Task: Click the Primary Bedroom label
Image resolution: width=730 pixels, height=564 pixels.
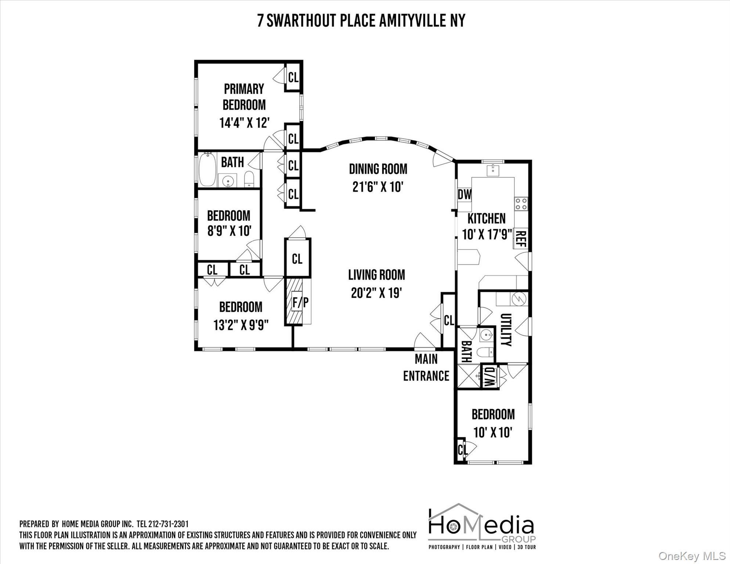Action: pos(244,97)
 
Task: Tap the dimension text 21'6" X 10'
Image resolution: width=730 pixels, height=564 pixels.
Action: pos(378,187)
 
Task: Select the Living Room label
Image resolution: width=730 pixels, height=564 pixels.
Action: pos(376,275)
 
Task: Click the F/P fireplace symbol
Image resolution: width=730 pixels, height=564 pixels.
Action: pos(300,303)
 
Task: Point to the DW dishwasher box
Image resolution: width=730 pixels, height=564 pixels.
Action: pos(464,195)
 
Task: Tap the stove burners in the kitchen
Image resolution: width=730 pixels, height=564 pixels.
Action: pos(521,204)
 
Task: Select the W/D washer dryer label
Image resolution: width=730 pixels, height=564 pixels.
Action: pos(489,376)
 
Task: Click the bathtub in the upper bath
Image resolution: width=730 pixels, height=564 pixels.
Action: pos(207,170)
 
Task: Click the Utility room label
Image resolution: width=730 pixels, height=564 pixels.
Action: pos(506,329)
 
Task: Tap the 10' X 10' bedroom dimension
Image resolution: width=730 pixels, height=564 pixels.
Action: pos(492,433)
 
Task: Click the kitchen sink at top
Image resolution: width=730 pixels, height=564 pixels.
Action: pos(492,170)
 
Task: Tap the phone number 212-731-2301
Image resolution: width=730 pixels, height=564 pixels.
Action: pos(169,524)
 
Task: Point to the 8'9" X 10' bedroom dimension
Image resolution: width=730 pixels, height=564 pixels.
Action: pos(229,231)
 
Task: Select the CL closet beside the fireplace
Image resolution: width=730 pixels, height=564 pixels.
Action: pos(297,259)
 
